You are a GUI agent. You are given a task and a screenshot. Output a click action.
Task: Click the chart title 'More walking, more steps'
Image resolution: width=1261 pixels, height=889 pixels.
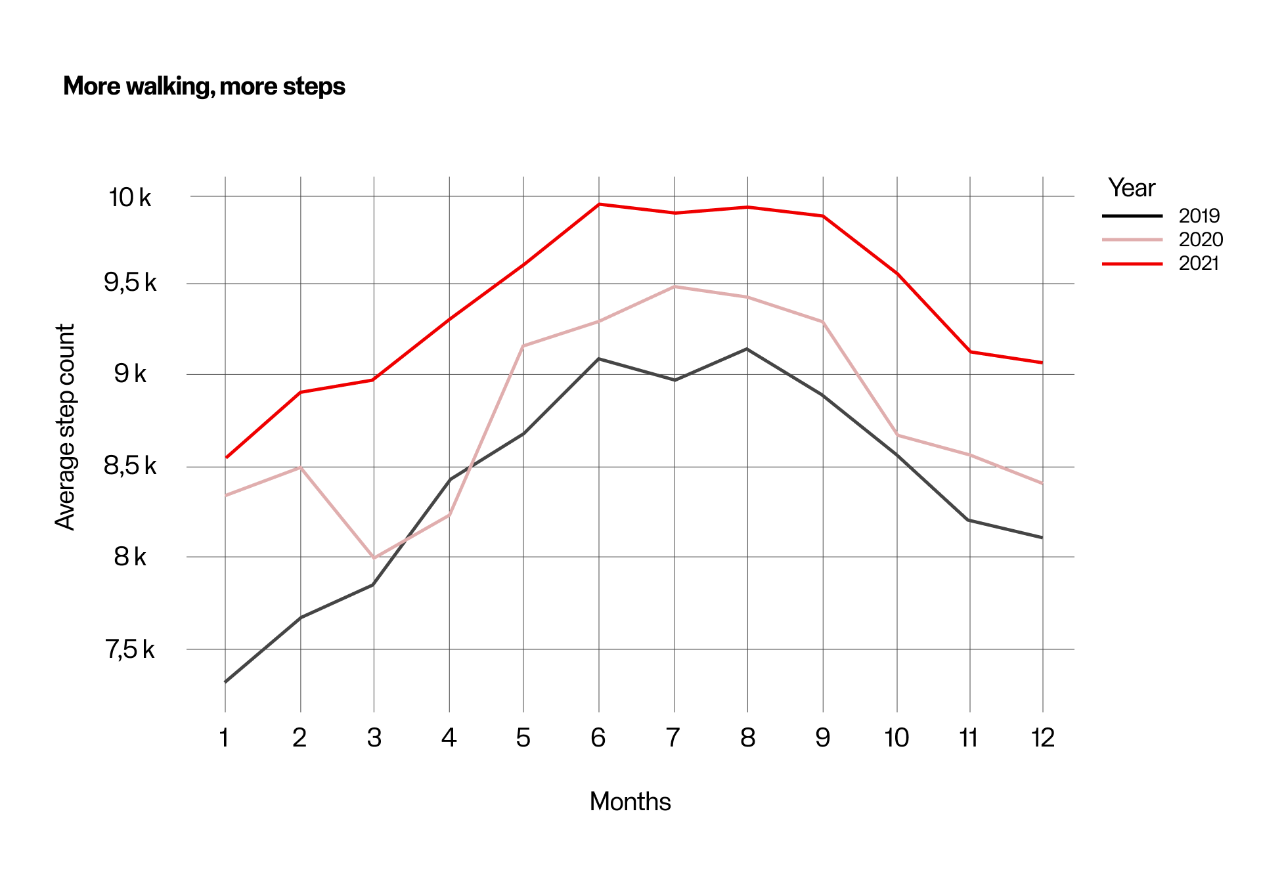point(204,87)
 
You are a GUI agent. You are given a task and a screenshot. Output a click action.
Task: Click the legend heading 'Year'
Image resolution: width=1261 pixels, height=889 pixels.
point(1131,188)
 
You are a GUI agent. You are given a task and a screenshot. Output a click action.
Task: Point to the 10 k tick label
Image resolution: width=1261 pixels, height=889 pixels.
point(129,197)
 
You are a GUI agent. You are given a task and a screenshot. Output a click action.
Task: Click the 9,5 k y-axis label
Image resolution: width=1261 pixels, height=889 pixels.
point(130,283)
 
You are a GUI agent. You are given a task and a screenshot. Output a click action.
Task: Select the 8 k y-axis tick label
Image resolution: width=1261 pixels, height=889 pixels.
point(130,557)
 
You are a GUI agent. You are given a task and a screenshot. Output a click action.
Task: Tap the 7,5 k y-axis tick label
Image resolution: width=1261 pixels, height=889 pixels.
point(130,649)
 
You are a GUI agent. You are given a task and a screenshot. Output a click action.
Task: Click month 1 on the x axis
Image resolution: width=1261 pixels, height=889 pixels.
point(225,738)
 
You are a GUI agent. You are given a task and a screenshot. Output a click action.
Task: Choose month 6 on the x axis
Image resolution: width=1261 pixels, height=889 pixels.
point(598,738)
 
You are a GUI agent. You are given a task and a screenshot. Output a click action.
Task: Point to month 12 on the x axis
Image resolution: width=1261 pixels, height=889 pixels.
point(1042,738)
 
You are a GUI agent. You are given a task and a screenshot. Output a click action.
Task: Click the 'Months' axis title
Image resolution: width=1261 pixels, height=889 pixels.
point(630,802)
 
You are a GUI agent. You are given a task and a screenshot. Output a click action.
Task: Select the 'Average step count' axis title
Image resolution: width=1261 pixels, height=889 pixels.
point(66,427)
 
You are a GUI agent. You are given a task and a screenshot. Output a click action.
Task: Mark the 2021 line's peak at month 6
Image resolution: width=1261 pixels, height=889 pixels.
point(599,204)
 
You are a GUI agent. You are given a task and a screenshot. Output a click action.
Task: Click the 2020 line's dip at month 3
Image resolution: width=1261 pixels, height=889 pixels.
point(374,557)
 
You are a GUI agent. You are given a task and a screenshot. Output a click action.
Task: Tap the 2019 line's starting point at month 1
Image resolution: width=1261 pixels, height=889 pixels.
point(226,682)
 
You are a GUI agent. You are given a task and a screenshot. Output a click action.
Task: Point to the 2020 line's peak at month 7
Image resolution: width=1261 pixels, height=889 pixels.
point(675,287)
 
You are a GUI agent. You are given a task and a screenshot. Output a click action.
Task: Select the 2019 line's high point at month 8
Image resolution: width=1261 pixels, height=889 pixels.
point(747,349)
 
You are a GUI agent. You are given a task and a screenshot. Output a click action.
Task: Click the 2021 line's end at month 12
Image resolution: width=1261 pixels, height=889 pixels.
point(1042,362)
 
